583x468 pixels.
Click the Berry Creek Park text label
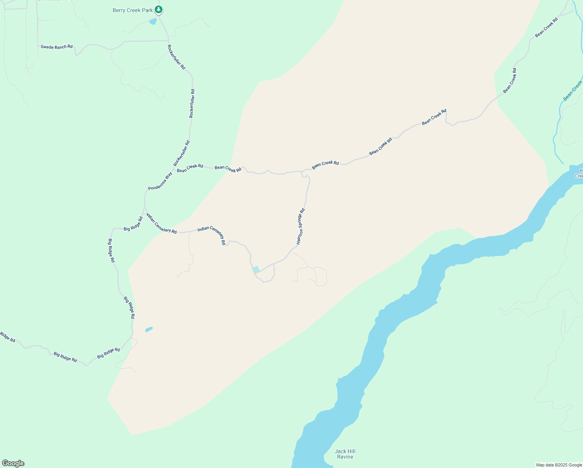click(x=132, y=11)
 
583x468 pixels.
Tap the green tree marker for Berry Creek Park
click(x=158, y=9)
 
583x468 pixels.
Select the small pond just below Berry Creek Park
click(x=153, y=21)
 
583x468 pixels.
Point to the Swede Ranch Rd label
click(x=57, y=47)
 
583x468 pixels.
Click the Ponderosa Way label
click(x=160, y=181)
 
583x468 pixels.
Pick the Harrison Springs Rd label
click(x=300, y=227)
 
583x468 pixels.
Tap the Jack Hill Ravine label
click(x=345, y=454)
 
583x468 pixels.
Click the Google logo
click(x=13, y=463)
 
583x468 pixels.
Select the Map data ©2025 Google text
click(x=559, y=465)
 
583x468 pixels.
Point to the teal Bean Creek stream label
click(x=573, y=91)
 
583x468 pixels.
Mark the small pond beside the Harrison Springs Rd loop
click(x=256, y=269)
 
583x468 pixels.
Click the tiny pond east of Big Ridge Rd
click(x=149, y=330)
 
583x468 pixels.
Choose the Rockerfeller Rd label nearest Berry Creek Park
click(x=177, y=57)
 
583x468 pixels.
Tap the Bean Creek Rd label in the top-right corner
click(x=546, y=28)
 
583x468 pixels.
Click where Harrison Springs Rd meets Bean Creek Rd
click(x=302, y=171)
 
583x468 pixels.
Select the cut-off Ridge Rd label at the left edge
click(x=7, y=337)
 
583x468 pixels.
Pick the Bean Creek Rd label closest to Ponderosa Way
click(x=190, y=168)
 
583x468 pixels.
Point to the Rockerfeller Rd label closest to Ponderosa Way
click(x=182, y=153)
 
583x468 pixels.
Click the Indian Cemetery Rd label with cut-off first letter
click(x=161, y=223)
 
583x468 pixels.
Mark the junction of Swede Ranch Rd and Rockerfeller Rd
click(x=168, y=41)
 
